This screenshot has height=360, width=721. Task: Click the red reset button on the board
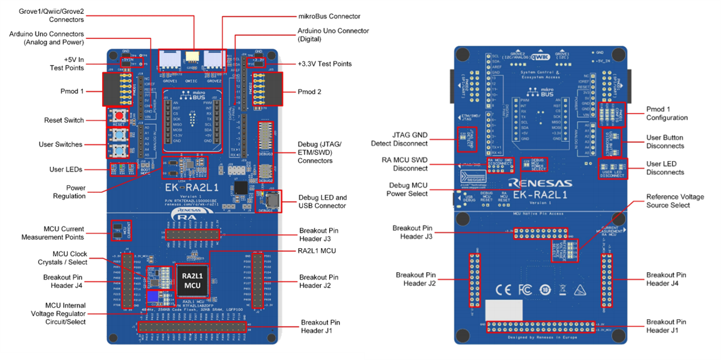[x=119, y=116]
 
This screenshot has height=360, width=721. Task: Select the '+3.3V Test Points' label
[x=324, y=64]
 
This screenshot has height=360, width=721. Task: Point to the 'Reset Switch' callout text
[x=64, y=120]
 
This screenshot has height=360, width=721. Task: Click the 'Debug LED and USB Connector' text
[x=323, y=201]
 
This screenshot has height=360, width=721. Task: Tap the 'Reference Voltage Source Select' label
[x=675, y=201]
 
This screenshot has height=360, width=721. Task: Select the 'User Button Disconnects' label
[x=665, y=142]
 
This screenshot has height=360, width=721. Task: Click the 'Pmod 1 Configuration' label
[x=666, y=114]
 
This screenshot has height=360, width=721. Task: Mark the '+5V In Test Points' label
[x=67, y=64]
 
